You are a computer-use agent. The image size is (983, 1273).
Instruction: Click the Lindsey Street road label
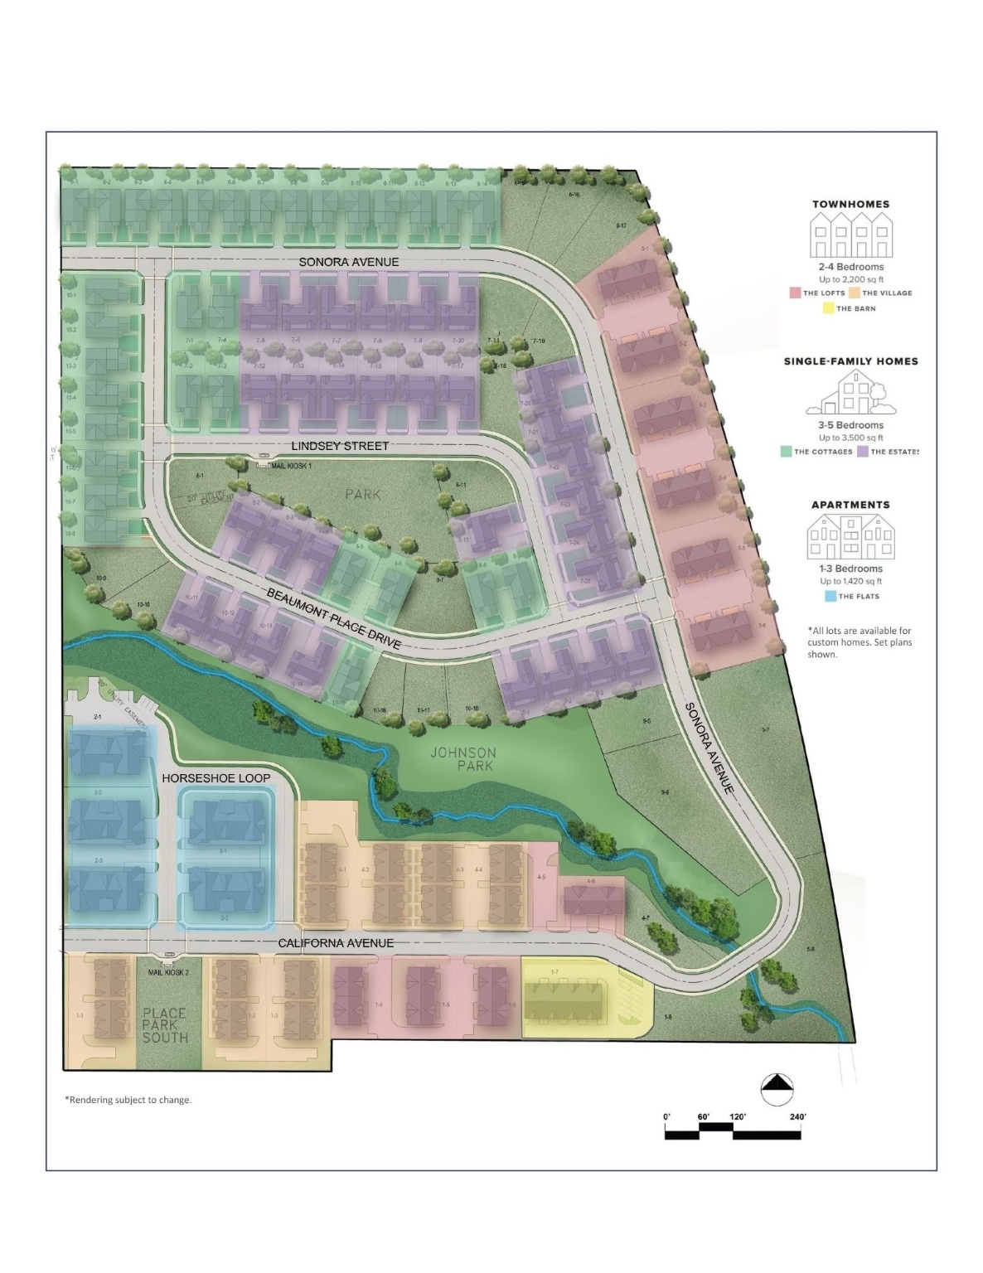340,446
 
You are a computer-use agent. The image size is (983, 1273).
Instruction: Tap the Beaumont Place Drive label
334,618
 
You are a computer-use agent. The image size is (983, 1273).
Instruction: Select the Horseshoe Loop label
215,778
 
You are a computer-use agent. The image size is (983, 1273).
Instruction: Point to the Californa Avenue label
336,943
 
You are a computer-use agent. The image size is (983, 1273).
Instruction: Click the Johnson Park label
463,759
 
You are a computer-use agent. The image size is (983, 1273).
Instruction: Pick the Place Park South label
165,1024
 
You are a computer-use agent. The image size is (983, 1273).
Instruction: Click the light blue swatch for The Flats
830,596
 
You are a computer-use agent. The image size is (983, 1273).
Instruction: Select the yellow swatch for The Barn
828,308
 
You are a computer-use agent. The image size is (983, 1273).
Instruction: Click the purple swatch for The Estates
863,452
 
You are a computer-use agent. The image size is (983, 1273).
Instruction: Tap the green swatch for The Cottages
786,452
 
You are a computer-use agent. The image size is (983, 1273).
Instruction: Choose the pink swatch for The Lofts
795,293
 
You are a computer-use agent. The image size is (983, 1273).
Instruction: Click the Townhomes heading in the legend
850,204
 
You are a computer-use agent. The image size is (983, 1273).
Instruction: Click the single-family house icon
850,393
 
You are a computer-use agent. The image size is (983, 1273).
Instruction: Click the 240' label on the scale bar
798,1117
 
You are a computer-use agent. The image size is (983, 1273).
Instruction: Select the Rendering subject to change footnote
128,1100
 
